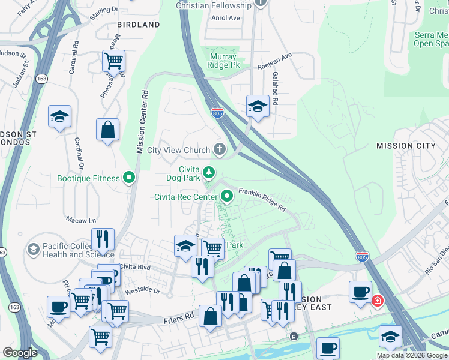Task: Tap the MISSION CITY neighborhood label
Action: pos(406,146)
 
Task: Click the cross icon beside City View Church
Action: pos(220,150)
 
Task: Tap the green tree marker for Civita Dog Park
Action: pos(208,173)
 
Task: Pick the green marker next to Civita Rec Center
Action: pos(227,196)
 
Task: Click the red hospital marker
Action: pos(377,301)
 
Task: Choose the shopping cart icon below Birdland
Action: pos(113,61)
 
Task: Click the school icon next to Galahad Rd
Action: pos(258,106)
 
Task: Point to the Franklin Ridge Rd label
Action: pos(261,198)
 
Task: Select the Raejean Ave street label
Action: pos(274,56)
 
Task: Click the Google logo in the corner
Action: pos(20,352)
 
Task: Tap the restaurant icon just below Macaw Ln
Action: pos(103,239)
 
